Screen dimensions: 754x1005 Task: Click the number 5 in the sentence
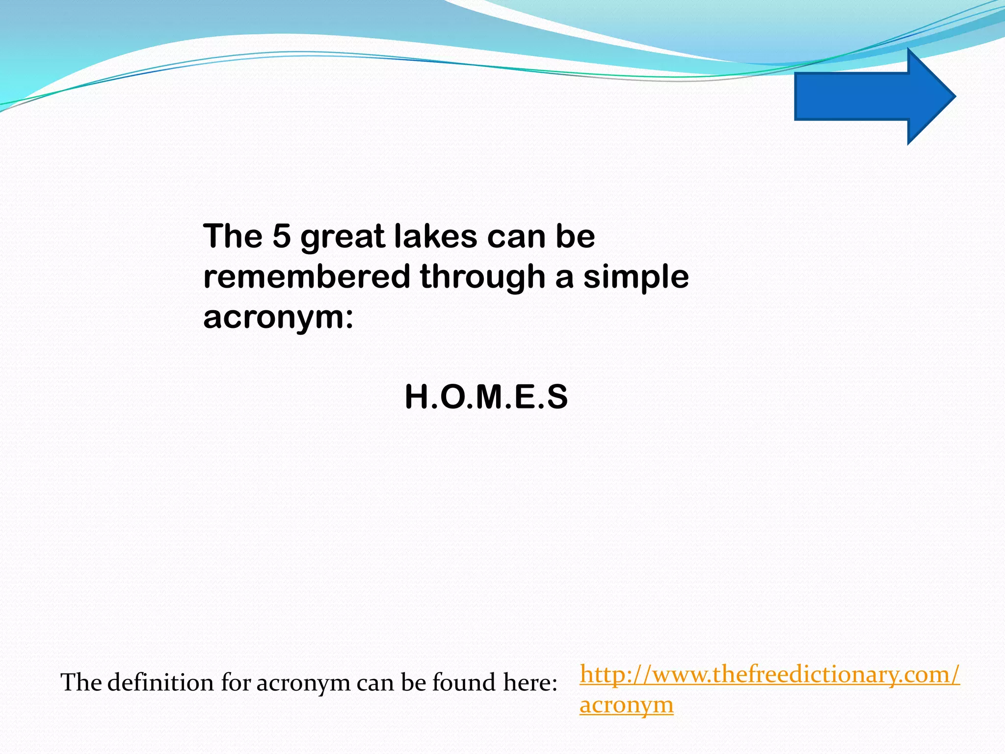282,236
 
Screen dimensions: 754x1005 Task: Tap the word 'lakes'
435,236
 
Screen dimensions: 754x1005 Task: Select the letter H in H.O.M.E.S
417,397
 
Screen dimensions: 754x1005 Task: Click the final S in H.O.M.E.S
557,397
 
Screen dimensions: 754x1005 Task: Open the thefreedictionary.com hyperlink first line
769,674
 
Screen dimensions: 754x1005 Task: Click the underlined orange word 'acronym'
627,705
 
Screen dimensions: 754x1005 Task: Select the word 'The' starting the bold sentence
233,236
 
